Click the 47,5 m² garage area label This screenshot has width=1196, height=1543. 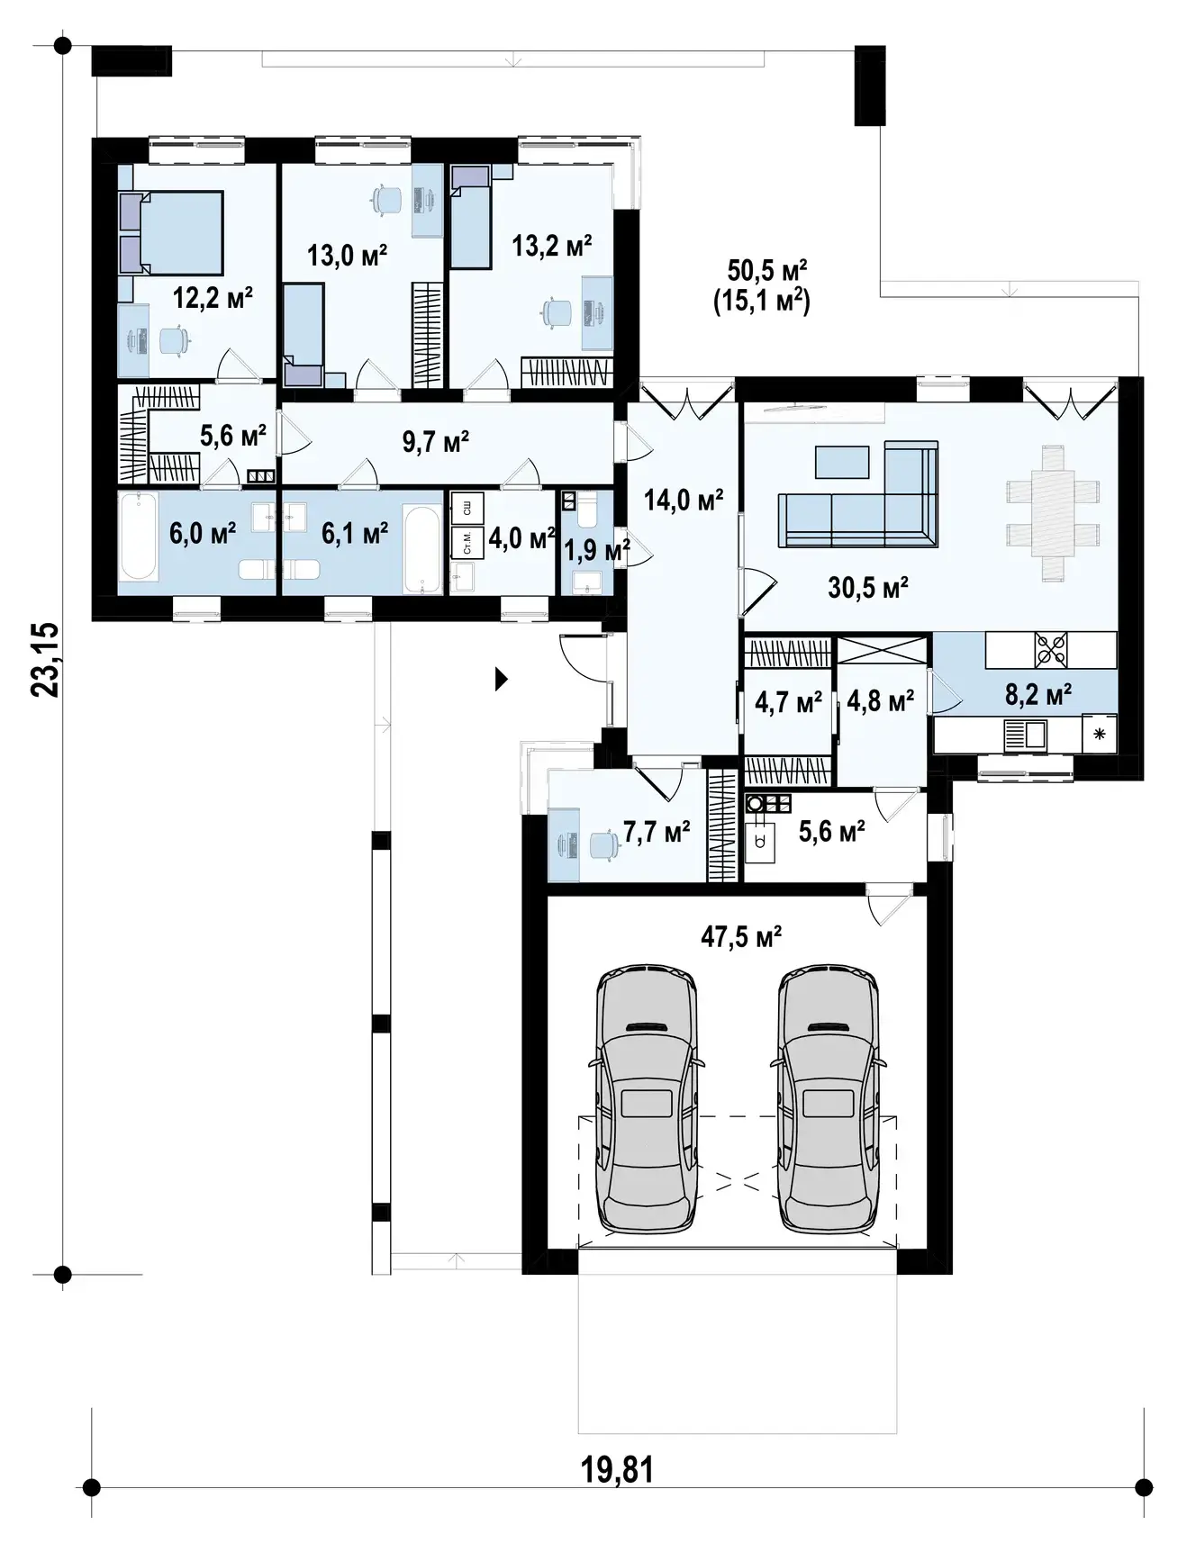click(x=741, y=937)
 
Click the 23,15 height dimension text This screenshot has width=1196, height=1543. click(x=45, y=659)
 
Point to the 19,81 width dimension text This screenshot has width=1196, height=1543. click(x=617, y=1470)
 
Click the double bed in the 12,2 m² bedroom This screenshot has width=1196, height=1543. click(x=171, y=232)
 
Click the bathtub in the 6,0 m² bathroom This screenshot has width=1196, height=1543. click(x=139, y=536)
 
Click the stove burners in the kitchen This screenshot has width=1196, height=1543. click(x=1052, y=650)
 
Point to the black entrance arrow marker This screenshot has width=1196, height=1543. click(x=502, y=679)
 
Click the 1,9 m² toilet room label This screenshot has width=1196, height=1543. click(x=597, y=549)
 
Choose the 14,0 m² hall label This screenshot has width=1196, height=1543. click(x=684, y=499)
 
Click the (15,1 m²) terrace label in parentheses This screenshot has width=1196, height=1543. click(x=762, y=300)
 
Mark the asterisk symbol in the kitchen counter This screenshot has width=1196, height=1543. click(x=1099, y=734)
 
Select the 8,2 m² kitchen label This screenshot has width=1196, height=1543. click(x=1037, y=694)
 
